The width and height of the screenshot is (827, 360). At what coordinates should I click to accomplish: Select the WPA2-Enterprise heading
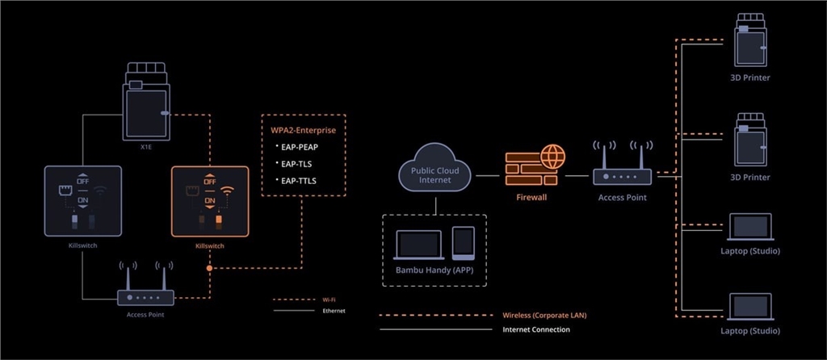pos(303,128)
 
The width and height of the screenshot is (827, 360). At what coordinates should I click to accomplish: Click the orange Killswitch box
pos(210,200)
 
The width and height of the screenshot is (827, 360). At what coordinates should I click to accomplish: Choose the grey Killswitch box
pos(82,200)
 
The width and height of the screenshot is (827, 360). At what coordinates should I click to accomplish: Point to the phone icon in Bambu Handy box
pos(463,243)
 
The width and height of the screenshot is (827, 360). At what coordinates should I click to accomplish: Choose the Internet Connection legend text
pos(536,329)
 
